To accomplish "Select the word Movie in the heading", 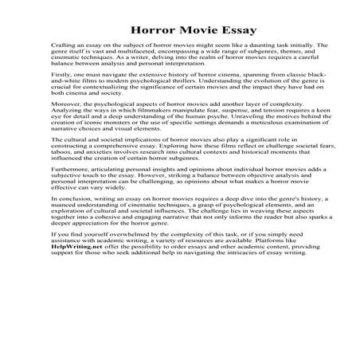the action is click(183, 32).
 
